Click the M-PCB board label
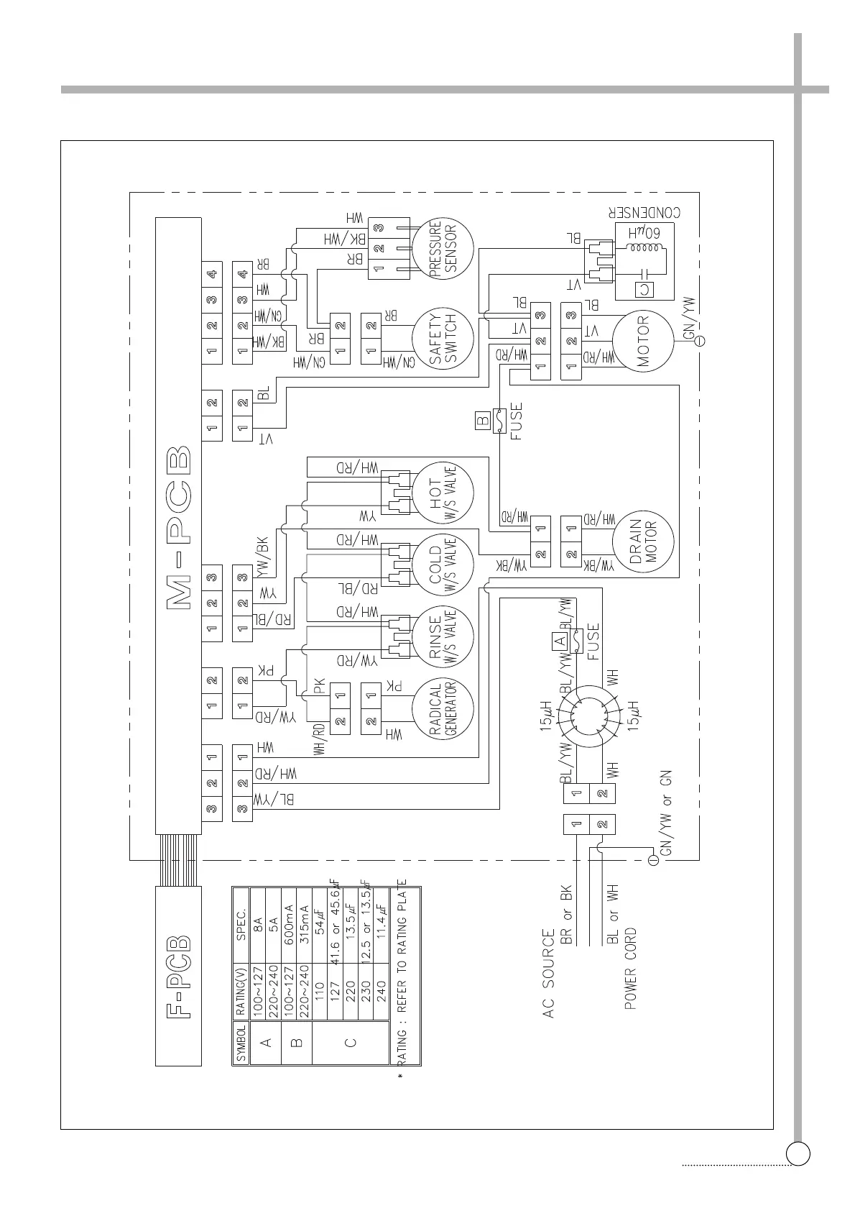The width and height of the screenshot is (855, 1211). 179,529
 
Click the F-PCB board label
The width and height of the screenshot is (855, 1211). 179,977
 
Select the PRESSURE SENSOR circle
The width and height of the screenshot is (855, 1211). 443,249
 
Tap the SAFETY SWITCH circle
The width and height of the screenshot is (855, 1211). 443,339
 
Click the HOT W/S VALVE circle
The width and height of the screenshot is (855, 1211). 443,493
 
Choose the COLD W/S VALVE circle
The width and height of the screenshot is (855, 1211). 443,565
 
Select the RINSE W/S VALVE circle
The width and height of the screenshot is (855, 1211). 443,636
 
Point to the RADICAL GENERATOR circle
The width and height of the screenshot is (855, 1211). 443,708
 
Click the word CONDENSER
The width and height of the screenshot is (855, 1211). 644,214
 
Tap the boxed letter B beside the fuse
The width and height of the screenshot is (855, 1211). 483,419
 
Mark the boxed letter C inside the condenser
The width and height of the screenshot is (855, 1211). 644,289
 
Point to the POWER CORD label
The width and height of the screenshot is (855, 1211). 630,969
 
